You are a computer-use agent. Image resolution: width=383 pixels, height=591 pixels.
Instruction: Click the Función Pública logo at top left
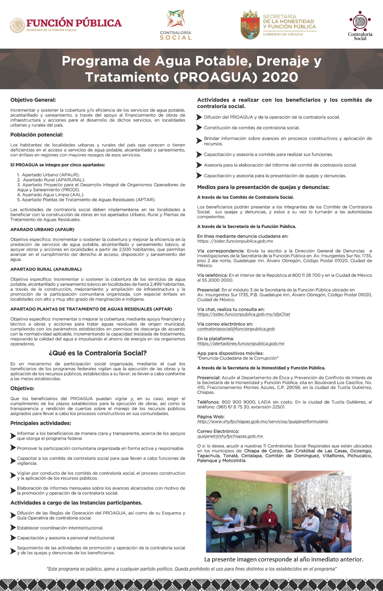[65, 25]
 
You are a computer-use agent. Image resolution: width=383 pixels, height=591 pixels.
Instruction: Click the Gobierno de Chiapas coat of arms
[250, 25]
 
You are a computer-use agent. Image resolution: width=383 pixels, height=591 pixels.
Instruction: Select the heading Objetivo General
[33, 100]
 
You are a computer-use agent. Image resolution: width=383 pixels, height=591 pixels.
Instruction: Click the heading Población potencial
[37, 135]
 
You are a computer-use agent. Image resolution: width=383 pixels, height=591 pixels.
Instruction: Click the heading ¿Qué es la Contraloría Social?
[97, 353]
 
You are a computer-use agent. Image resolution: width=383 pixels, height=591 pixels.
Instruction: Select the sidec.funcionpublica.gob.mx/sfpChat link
[243, 314]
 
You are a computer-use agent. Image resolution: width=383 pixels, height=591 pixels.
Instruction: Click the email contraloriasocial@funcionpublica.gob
[236, 329]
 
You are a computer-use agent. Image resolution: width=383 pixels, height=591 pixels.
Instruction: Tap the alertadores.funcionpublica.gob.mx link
[241, 344]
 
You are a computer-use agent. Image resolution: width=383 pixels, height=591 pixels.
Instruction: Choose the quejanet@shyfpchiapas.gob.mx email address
[230, 436]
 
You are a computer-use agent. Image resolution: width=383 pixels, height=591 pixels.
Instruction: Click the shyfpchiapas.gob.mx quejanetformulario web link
[262, 422]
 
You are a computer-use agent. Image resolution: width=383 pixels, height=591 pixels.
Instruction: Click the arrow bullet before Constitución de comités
[199, 128]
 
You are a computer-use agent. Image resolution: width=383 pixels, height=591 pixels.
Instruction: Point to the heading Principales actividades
[41, 423]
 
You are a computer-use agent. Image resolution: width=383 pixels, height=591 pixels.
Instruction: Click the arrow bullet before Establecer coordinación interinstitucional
[13, 528]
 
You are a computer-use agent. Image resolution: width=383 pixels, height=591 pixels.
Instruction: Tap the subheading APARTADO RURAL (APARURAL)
[46, 269]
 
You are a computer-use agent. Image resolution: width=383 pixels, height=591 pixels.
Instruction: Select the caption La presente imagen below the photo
[284, 559]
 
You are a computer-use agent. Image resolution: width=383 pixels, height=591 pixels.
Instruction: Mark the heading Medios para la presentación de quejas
[263, 187]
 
